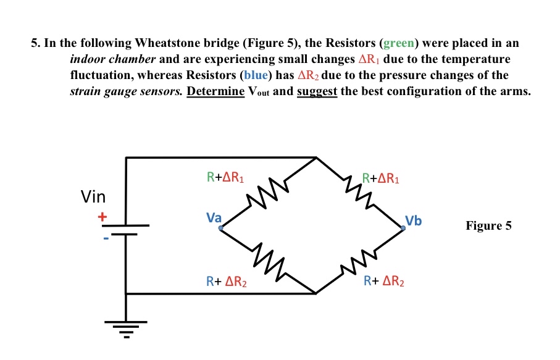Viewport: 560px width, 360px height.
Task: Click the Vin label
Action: pyautogui.click(x=93, y=197)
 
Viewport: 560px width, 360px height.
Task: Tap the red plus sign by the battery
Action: pyautogui.click(x=102, y=217)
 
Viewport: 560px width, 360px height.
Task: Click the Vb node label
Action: pyautogui.click(x=414, y=220)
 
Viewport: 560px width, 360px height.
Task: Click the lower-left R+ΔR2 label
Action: pyautogui.click(x=226, y=282)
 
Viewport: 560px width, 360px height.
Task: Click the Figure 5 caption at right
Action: pyautogui.click(x=488, y=225)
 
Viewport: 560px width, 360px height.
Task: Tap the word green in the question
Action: pyautogui.click(x=398, y=43)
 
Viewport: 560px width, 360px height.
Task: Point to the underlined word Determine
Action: pyautogui.click(x=215, y=91)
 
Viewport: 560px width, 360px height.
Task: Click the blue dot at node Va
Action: pyautogui.click(x=220, y=228)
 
